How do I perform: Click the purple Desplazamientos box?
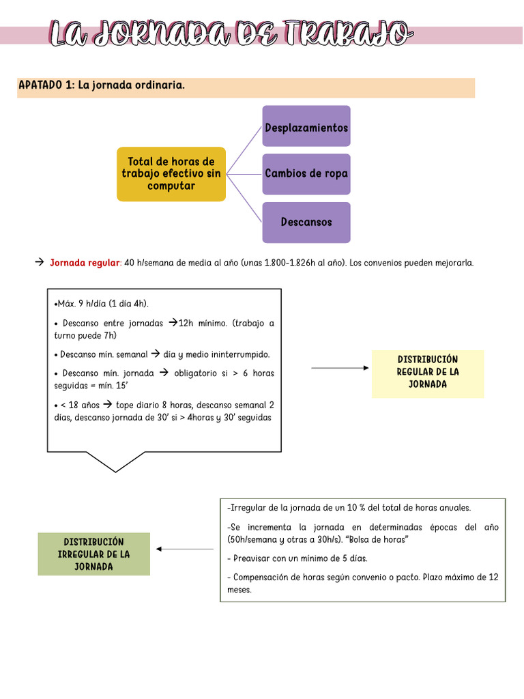(x=306, y=126)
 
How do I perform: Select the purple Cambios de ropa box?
(x=306, y=174)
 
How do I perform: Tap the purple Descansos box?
(x=306, y=223)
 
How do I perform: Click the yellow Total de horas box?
(x=171, y=174)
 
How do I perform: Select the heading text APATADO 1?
(x=46, y=85)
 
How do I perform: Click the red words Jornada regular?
(x=85, y=263)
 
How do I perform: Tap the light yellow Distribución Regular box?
(x=428, y=372)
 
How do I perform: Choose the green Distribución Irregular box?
(x=93, y=554)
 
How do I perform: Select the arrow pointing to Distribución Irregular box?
(x=185, y=549)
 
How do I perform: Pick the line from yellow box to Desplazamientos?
(x=244, y=151)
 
